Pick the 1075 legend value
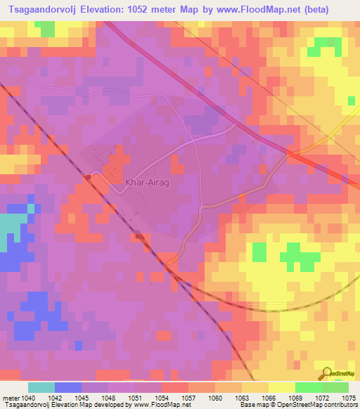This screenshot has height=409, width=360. pyautogui.click(x=349, y=397)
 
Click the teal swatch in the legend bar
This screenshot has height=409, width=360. pyautogui.click(x=41, y=387)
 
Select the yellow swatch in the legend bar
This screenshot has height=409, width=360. pyautogui.click(x=281, y=387)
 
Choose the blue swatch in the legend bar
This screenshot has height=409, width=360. pyautogui.click(x=67, y=387)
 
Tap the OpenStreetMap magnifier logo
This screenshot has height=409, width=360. pyautogui.click(x=326, y=372)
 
